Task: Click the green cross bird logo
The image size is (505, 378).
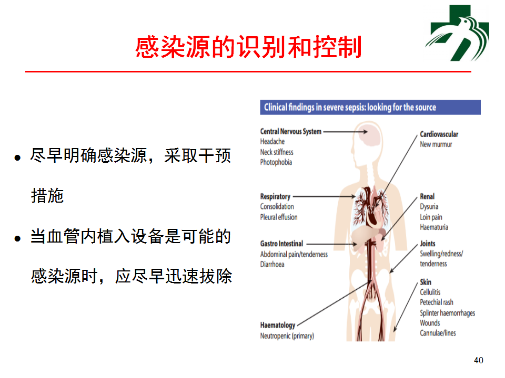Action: click(x=457, y=33)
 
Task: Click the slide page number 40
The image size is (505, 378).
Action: click(x=479, y=360)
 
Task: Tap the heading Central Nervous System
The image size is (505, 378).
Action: click(x=291, y=131)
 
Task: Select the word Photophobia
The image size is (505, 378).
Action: click(x=276, y=162)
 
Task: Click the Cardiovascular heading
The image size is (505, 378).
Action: click(x=439, y=134)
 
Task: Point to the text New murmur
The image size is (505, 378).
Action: click(x=436, y=144)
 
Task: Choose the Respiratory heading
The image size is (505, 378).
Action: click(x=275, y=196)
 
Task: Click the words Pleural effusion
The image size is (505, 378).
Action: click(x=279, y=217)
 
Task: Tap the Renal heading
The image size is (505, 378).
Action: click(x=427, y=196)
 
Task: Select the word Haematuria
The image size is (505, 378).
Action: click(x=434, y=227)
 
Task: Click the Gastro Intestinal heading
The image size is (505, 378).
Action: click(x=282, y=244)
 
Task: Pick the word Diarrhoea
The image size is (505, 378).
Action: click(x=272, y=264)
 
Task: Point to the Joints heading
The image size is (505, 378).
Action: click(x=427, y=244)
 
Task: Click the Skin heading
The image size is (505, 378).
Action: click(x=426, y=282)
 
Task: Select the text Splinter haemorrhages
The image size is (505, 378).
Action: click(x=447, y=313)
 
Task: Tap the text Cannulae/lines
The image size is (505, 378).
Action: click(x=438, y=333)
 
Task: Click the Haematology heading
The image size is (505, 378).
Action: click(x=278, y=325)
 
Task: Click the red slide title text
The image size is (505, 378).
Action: click(x=248, y=47)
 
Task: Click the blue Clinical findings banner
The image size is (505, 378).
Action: click(x=370, y=107)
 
